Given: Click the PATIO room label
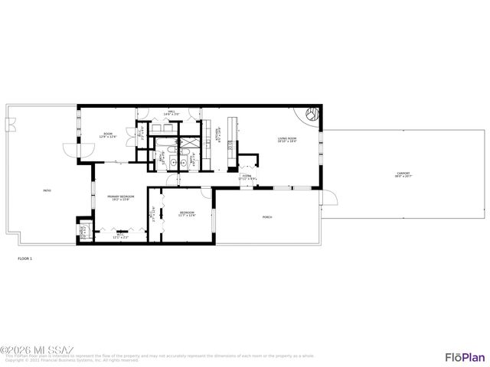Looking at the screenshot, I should tap(36, 190).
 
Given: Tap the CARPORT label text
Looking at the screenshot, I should tap(402, 174).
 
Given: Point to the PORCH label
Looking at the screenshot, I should tap(267, 217).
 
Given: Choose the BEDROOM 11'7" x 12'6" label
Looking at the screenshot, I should tap(188, 213).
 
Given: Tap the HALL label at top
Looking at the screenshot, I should tap(171, 113).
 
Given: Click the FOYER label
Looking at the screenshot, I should tap(247, 177).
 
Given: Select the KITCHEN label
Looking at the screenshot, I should tap(220, 135).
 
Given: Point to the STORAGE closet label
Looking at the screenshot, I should tap(83, 232).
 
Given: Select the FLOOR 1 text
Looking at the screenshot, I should tap(25, 259).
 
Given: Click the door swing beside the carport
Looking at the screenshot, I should tap(330, 200).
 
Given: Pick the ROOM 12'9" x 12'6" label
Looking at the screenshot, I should tap(109, 136).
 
